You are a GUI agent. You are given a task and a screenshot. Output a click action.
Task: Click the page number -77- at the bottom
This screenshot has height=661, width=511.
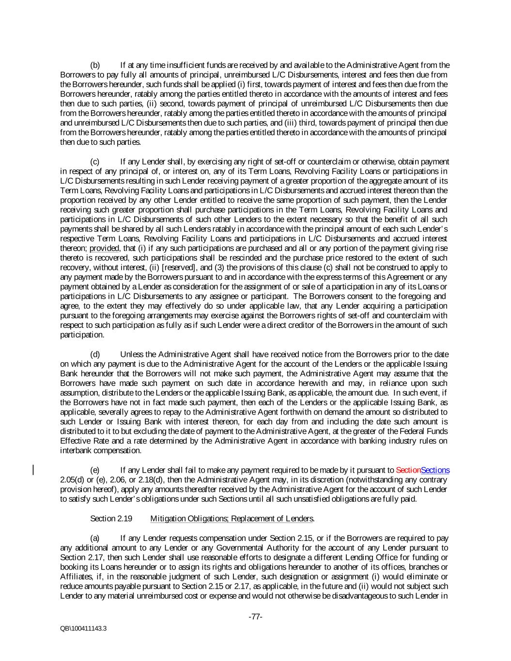(x=255, y=617)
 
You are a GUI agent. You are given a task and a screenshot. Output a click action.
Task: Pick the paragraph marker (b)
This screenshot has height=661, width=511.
(x=95, y=65)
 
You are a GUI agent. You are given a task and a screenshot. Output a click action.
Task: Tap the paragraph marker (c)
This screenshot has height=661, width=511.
(x=95, y=161)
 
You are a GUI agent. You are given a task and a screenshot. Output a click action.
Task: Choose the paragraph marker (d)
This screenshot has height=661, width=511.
(x=95, y=354)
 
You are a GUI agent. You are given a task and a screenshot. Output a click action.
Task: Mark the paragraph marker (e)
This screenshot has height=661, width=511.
(x=95, y=470)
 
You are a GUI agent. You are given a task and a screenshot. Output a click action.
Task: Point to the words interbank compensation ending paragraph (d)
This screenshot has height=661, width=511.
(x=100, y=450)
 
